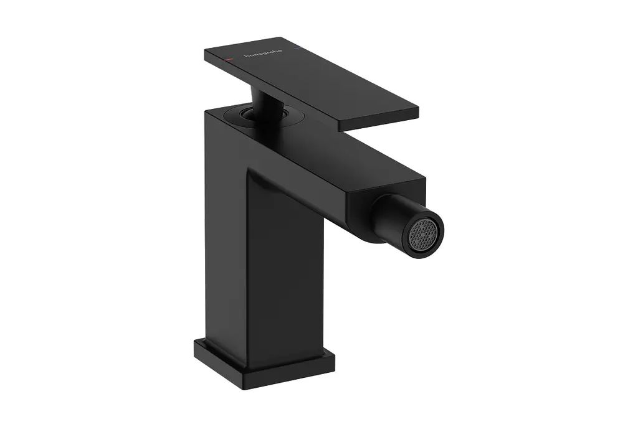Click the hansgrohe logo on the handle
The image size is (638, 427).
[x=262, y=54]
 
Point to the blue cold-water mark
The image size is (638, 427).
[x=297, y=49]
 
